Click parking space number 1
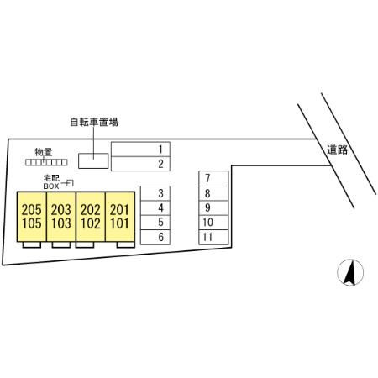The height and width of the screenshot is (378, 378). pyautogui.click(x=140, y=150)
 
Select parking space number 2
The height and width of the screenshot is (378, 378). pyautogui.click(x=140, y=164)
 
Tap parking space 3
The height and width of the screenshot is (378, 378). pyautogui.click(x=155, y=193)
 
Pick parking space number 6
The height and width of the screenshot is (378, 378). pyautogui.click(x=155, y=237)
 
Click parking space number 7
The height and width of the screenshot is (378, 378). pyautogui.click(x=213, y=178)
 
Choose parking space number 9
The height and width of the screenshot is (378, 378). pyautogui.click(x=213, y=207)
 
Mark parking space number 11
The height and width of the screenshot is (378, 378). pyautogui.click(x=213, y=237)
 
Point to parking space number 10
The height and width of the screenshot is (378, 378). pyautogui.click(x=213, y=223)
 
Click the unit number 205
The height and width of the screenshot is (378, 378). pyautogui.click(x=31, y=210)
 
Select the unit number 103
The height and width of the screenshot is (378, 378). pyautogui.click(x=61, y=223)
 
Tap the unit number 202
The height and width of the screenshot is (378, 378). pyautogui.click(x=91, y=210)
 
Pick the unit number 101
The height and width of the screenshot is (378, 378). pyautogui.click(x=120, y=223)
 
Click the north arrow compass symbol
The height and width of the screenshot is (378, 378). pyautogui.click(x=350, y=272)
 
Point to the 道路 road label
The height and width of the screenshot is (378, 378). pyautogui.click(x=338, y=150)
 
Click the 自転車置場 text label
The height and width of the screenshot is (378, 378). pyautogui.click(x=94, y=122)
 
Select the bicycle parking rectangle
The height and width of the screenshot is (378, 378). pyautogui.click(x=93, y=161)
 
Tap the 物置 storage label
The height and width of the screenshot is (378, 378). pyautogui.click(x=44, y=152)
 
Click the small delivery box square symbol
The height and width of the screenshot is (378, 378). pyautogui.click(x=70, y=183)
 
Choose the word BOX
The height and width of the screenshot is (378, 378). pyautogui.click(x=51, y=186)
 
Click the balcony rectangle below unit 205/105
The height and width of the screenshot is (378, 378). pyautogui.click(x=32, y=244)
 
